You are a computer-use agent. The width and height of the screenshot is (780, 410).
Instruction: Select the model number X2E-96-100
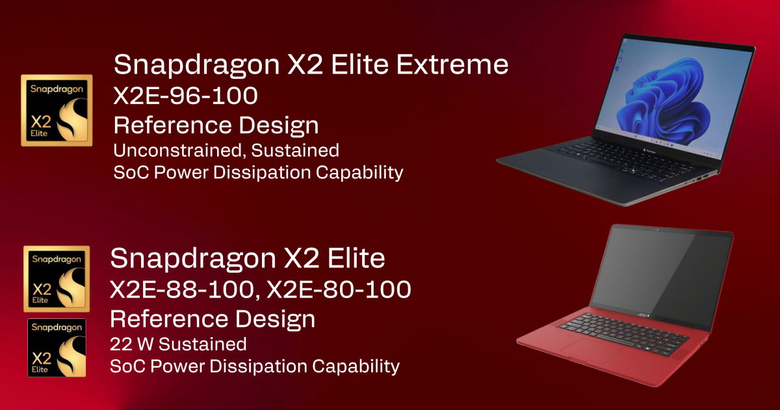185,96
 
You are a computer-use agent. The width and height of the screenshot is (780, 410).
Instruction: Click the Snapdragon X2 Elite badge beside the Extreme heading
57,110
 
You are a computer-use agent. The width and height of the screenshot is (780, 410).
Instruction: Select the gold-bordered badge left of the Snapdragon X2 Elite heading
57,279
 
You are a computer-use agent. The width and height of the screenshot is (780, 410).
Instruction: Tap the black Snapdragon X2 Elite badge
57,348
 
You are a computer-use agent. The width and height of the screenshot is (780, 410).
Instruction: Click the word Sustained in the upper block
295,150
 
